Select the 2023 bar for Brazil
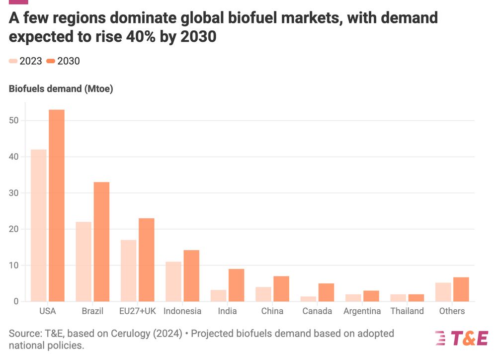pyautogui.click(x=83, y=262)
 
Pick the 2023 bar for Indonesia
pyautogui.click(x=173, y=281)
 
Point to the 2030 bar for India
pyautogui.click(x=236, y=285)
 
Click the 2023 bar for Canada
pyautogui.click(x=308, y=299)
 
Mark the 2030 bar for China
pyautogui.click(x=281, y=288)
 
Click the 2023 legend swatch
pyautogui.click(x=13, y=61)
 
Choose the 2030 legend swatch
pyautogui.click(x=51, y=61)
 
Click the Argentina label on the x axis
pyautogui.click(x=362, y=311)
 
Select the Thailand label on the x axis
pyautogui.click(x=407, y=311)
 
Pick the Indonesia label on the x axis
pyautogui.click(x=182, y=311)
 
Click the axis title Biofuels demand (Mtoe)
pyautogui.click(x=61, y=90)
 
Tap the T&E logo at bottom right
pyautogui.click(x=461, y=338)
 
